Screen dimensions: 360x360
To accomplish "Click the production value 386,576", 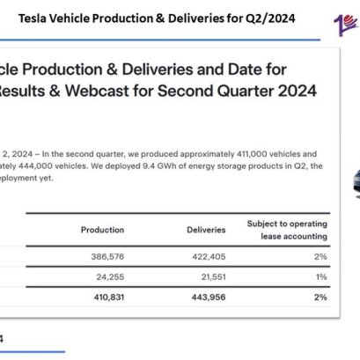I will coord(102,257).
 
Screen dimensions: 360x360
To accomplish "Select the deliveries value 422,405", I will coord(207,257).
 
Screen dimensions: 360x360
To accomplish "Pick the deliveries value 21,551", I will coord(209,277).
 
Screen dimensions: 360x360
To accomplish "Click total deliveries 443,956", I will coord(207,298).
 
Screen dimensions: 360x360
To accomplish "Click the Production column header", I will coord(102,230).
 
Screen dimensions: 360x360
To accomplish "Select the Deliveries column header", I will coord(207,230).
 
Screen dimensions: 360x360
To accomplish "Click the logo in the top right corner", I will coord(345,21).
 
